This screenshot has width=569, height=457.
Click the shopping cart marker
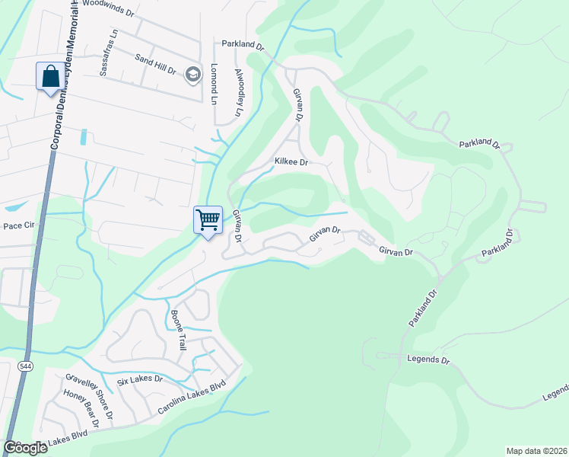tap(208, 220)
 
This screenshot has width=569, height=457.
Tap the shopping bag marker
tap(50, 76)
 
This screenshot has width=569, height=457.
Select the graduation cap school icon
tap(193, 74)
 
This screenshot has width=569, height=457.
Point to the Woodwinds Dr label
tap(107, 4)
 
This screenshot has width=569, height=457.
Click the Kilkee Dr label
tap(291, 162)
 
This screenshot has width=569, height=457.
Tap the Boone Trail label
tap(178, 330)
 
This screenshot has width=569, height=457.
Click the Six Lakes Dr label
tap(140, 379)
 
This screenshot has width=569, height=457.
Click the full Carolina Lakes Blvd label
tap(193, 398)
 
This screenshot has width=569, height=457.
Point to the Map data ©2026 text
tap(536, 450)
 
